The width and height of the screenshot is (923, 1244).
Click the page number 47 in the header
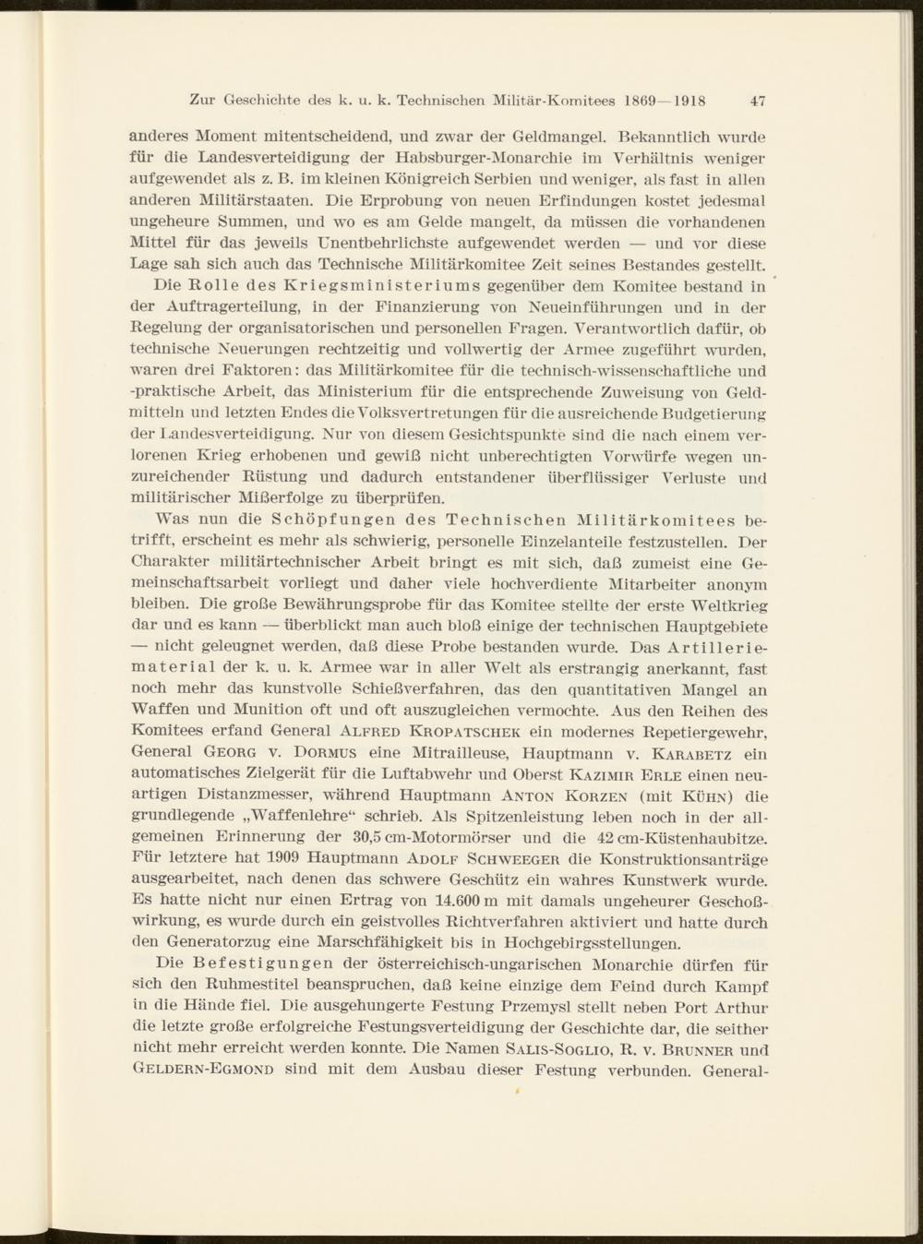click(x=758, y=100)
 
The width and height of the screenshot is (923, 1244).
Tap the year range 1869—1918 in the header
click(x=665, y=100)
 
